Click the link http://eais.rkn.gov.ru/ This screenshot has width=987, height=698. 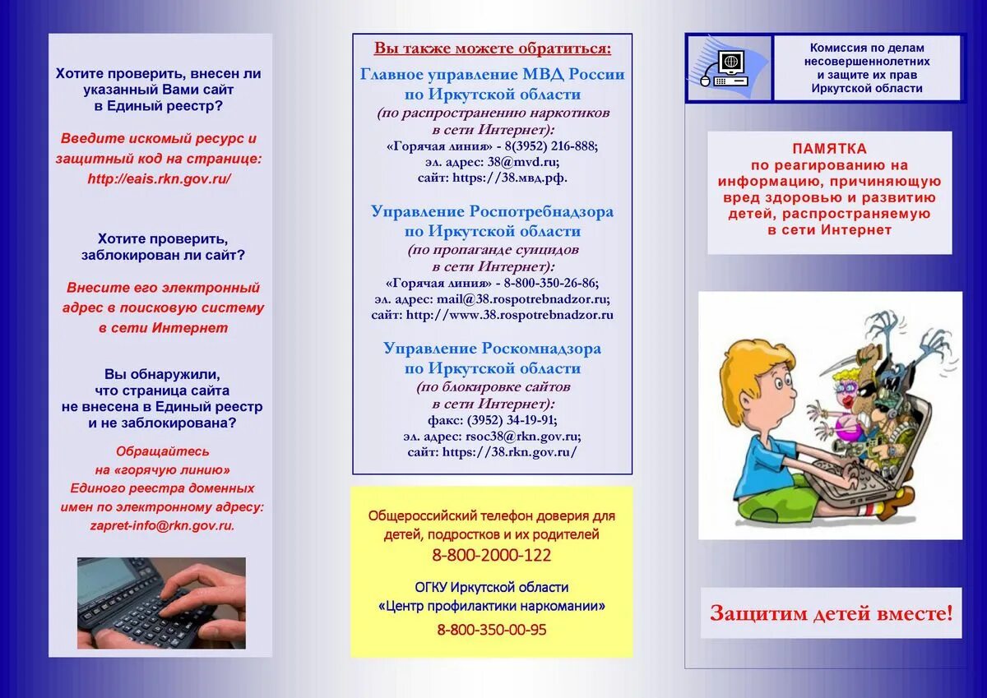click(159, 178)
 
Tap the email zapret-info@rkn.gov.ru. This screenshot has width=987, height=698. click(162, 525)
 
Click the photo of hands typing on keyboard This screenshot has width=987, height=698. click(161, 603)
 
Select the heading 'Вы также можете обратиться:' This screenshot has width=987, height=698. click(493, 48)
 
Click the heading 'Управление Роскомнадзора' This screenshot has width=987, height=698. click(492, 349)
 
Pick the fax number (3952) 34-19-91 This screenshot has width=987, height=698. click(516, 420)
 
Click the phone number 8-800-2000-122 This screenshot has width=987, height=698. click(492, 555)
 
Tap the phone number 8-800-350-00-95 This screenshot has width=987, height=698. click(492, 630)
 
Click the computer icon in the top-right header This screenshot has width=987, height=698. click(729, 67)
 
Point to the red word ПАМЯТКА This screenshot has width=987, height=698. click(829, 149)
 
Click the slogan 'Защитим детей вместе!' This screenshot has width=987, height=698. click(831, 612)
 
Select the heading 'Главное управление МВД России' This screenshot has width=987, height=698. click(492, 75)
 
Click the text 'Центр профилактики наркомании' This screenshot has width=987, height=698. click(492, 607)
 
